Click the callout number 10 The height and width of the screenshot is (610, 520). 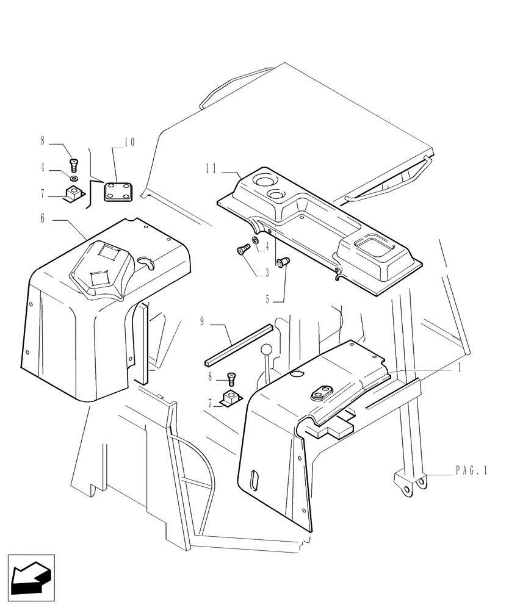click(129, 142)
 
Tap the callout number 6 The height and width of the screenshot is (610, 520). click(42, 218)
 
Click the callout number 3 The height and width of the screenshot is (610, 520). click(267, 274)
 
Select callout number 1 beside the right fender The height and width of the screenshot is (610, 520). click(459, 368)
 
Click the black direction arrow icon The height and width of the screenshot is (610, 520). click(31, 575)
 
